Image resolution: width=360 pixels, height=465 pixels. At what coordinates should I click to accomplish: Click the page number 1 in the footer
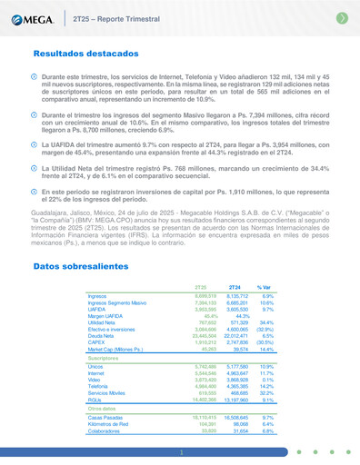click(180, 451)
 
